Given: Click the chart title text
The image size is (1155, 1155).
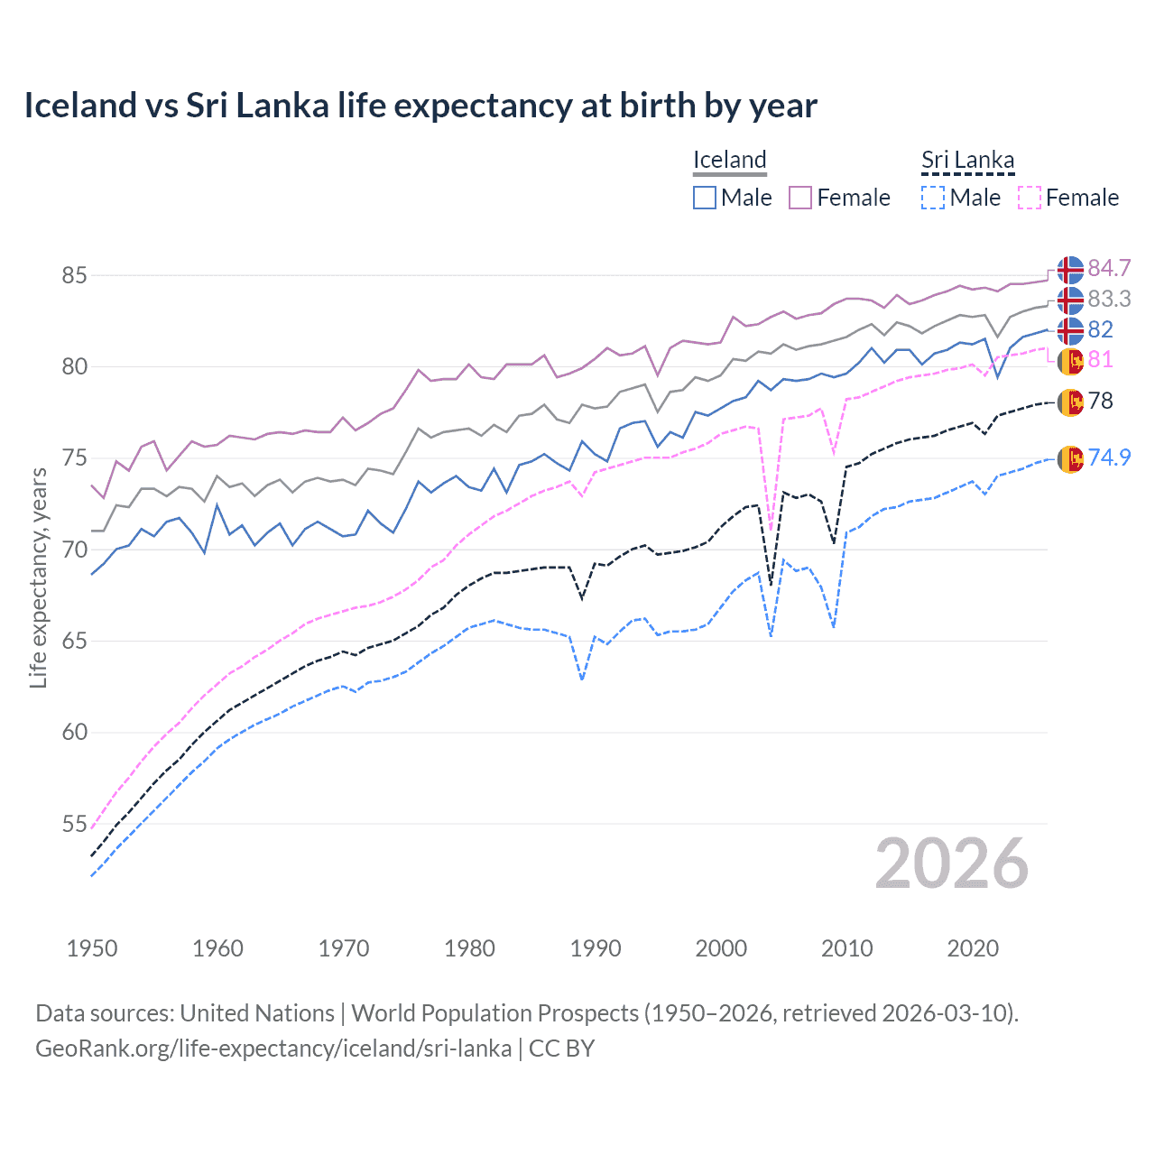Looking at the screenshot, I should point(420,106).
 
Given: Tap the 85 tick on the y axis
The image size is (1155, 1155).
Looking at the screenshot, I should point(74,275).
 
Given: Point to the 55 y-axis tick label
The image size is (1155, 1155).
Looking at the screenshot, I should point(74,824).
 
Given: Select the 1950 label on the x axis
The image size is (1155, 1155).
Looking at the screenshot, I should point(92,948).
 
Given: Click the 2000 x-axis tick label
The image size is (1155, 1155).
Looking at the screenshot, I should point(721,948).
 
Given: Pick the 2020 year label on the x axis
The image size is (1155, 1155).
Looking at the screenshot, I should point(973,948).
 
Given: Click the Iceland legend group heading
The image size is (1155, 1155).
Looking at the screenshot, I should point(729,160).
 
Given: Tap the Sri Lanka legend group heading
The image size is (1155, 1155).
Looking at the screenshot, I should point(967,160).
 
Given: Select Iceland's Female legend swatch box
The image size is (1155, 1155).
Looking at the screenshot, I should point(800,198).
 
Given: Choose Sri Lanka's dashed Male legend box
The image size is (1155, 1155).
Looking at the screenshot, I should point(933,198).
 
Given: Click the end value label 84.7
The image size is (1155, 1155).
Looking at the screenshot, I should point(1109,268).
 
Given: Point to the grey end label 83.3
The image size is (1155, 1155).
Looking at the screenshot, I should point(1109,299).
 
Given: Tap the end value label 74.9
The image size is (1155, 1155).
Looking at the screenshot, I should point(1109,457).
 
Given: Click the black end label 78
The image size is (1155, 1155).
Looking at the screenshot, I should point(1100,401).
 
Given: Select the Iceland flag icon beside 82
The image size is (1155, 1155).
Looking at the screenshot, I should point(1070,329).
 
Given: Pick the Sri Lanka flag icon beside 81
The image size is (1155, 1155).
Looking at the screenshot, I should point(1070,360).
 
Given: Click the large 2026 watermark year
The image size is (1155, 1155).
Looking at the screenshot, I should point(951,864).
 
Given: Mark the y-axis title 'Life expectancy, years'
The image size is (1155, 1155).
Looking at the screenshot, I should point(38,577).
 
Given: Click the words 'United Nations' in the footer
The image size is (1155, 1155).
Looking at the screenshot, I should point(257,1012).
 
